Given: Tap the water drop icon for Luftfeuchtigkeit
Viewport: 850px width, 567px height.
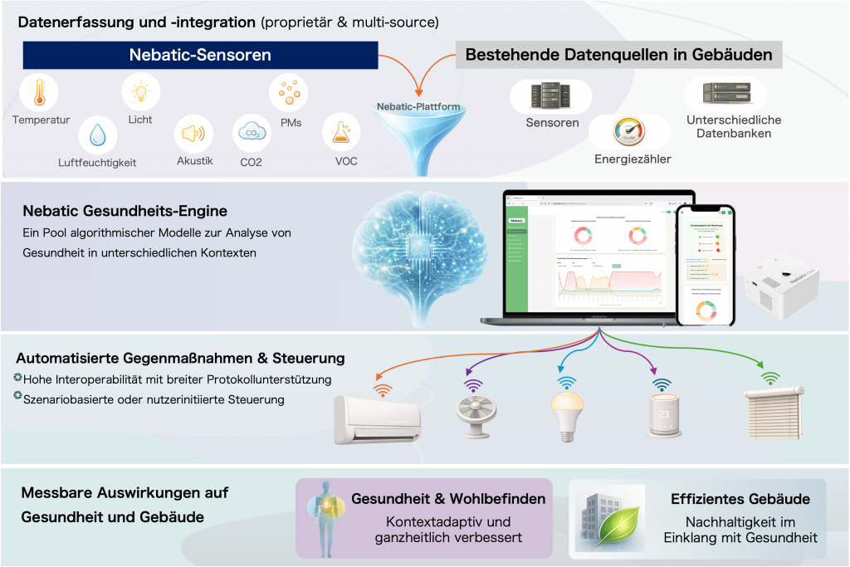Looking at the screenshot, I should (x=98, y=134).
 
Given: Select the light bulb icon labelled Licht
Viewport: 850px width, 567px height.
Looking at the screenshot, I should (x=141, y=90).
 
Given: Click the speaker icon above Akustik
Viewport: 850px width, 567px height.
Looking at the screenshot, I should (x=193, y=133).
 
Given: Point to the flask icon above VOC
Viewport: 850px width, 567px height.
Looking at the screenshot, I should (x=340, y=132).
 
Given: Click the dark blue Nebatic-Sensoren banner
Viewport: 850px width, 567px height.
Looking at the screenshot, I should (x=200, y=56).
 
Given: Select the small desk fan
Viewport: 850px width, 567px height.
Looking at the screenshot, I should (x=474, y=413).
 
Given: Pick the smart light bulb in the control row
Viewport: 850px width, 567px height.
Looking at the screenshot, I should (x=566, y=412).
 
